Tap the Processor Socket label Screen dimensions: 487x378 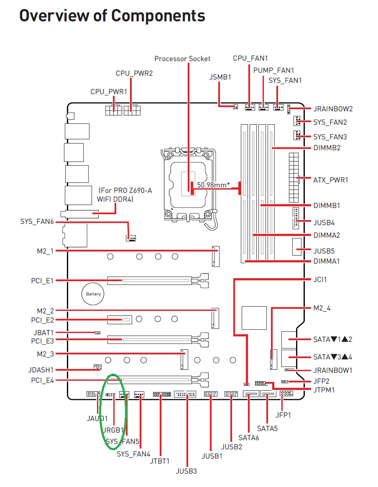click(x=182, y=59)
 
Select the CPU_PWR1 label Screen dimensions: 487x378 click(x=109, y=92)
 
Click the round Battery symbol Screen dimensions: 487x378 click(x=93, y=294)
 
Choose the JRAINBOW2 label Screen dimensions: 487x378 click(x=333, y=109)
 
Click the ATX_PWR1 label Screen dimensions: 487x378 click(x=330, y=180)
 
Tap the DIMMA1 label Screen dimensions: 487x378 click(x=327, y=261)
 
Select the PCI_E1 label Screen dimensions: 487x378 click(x=42, y=280)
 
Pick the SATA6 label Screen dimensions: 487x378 click(x=249, y=438)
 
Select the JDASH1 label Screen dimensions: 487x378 click(x=41, y=370)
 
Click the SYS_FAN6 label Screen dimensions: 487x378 click(x=37, y=221)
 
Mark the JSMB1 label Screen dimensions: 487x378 click(x=220, y=77)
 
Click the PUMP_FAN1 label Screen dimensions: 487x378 click(x=273, y=70)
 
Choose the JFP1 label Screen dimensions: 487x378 click(x=283, y=415)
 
